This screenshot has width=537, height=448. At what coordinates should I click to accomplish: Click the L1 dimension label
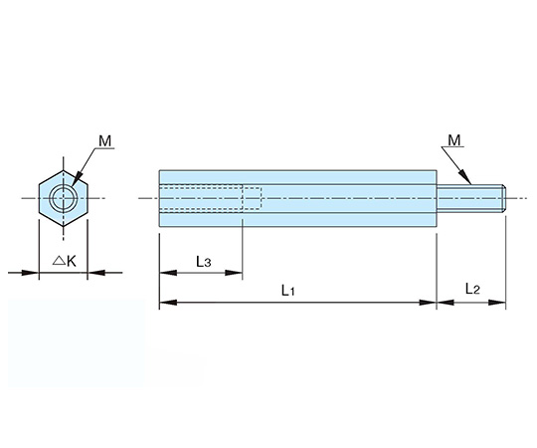[288, 291]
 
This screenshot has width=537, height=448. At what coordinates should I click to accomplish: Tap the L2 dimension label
[472, 289]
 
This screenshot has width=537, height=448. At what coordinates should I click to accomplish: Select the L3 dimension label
[204, 262]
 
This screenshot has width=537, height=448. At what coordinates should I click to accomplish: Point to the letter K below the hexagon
[71, 261]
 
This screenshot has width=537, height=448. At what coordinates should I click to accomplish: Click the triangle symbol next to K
[59, 261]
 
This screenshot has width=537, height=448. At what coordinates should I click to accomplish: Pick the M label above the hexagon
[105, 140]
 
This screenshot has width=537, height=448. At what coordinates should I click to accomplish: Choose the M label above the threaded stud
[454, 140]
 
